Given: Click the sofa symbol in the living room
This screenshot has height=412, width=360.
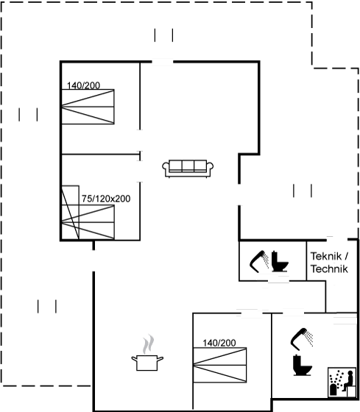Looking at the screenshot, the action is (188, 168).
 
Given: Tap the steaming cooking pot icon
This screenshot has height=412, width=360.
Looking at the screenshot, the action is (147, 353).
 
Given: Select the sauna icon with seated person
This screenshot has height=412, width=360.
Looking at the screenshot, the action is (342, 383).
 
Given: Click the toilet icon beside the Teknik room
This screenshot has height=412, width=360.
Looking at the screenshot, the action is (280, 261).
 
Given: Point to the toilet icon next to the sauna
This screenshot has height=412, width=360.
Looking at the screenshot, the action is (303, 365).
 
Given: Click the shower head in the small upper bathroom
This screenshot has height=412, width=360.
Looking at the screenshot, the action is (259, 261).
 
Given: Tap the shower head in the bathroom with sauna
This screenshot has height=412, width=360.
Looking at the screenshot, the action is (302, 339).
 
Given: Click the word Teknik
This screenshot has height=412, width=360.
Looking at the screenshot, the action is (326, 256).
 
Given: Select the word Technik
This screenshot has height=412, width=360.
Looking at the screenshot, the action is (329, 269).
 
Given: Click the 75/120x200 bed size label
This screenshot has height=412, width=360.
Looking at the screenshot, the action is (106, 199).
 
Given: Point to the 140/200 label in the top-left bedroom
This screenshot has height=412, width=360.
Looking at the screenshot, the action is (83, 85).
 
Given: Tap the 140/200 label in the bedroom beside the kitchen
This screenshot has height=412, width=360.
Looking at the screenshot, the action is (219, 343).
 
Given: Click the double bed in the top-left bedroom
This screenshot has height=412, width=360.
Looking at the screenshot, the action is (88, 107).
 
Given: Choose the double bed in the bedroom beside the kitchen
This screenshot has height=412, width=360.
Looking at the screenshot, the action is (220, 365).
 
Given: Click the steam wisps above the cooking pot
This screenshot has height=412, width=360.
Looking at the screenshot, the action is (148, 344).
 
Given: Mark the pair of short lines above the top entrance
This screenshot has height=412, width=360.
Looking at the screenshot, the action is (163, 35).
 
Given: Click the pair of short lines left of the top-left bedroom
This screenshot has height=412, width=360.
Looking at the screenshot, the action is (28, 115).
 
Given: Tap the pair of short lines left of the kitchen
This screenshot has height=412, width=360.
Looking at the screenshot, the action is (47, 306).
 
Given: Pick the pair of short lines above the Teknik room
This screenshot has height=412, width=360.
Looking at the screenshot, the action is (303, 191).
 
